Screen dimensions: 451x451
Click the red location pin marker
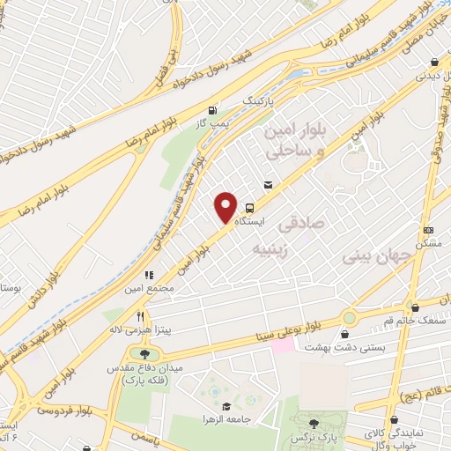tap(226, 208)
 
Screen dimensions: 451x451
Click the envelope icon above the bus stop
tap(268, 185)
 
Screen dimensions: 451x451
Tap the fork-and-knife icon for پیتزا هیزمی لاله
tap(139, 316)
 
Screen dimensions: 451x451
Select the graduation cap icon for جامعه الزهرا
tap(228, 407)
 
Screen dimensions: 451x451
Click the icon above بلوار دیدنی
tap(435, 63)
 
